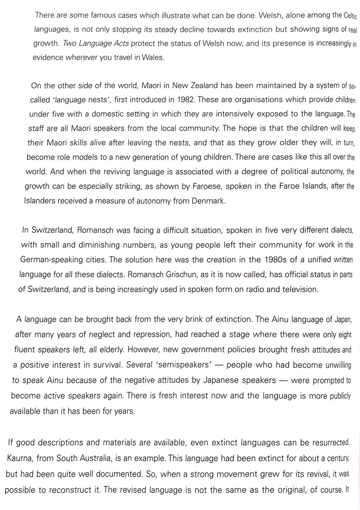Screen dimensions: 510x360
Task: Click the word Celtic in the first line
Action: click(346, 16)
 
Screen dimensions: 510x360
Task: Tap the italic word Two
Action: click(72, 44)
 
